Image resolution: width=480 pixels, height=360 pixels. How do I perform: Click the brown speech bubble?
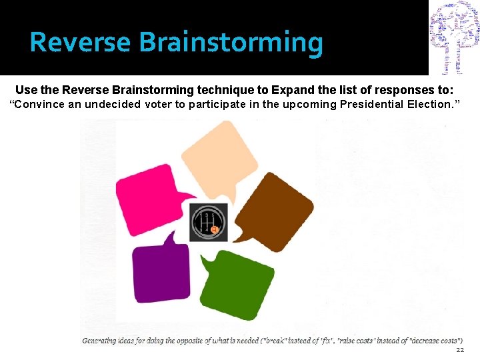click(x=275, y=207)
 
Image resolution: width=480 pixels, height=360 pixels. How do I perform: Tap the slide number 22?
click(x=459, y=350)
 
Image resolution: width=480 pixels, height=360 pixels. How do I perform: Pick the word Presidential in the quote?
click(x=371, y=104)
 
